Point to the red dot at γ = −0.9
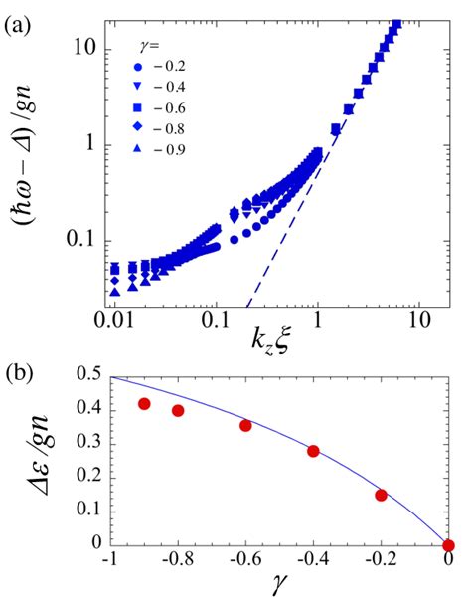coord(144,404)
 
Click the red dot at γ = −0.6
coord(245,425)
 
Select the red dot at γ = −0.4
coord(313,451)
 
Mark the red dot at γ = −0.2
coord(381,495)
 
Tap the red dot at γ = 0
coord(448,544)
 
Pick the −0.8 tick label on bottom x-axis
coord(178,564)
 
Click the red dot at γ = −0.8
coord(178,410)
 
